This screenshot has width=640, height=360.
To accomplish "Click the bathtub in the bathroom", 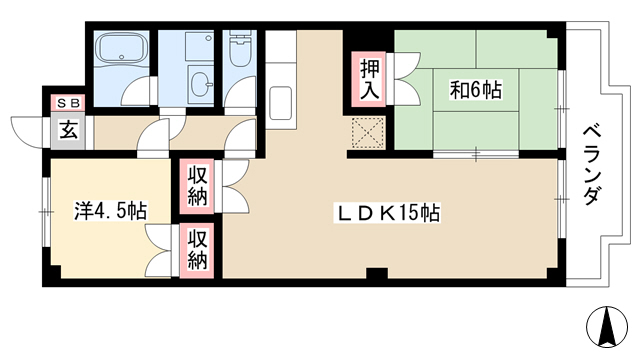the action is (x=121, y=47).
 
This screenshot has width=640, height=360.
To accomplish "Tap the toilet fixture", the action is (x=240, y=49).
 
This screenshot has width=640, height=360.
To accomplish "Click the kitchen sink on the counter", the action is (x=280, y=102).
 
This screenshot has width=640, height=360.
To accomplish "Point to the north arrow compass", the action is (x=607, y=325).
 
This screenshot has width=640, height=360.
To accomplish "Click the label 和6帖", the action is (x=476, y=90).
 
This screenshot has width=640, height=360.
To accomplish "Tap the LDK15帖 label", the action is (x=387, y=213).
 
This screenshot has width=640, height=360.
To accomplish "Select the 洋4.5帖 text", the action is (x=111, y=211).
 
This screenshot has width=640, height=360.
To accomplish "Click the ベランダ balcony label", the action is (x=592, y=165).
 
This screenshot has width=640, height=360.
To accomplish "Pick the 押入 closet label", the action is (x=370, y=80).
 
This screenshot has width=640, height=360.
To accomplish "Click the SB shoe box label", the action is (x=68, y=103).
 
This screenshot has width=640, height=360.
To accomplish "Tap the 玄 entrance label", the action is (x=68, y=131).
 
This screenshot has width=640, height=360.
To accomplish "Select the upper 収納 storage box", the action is (x=198, y=187).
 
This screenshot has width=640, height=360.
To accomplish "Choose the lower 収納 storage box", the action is (x=198, y=250).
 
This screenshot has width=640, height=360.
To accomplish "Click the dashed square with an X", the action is (x=368, y=132).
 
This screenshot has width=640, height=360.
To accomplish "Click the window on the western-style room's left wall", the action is (x=46, y=212).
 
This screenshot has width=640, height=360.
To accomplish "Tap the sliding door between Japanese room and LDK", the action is (x=476, y=154).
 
